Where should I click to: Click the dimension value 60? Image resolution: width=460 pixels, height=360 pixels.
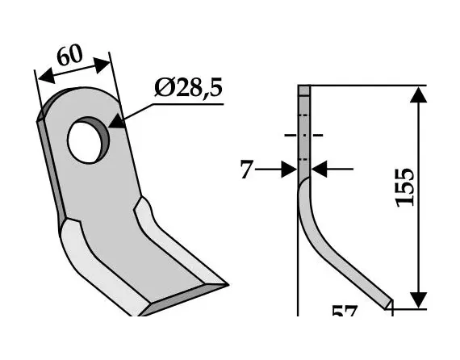tap(69, 57)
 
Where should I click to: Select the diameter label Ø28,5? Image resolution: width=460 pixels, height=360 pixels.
tap(186, 89)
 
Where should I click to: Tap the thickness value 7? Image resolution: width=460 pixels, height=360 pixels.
tap(246, 170)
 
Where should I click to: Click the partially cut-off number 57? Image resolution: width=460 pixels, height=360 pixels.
tap(345, 311)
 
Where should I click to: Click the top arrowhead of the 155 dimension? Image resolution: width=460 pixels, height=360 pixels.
tap(417, 95)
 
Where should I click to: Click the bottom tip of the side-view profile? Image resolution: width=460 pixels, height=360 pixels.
tap(391, 304)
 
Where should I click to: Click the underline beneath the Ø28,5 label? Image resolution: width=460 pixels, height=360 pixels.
tap(186, 103)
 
